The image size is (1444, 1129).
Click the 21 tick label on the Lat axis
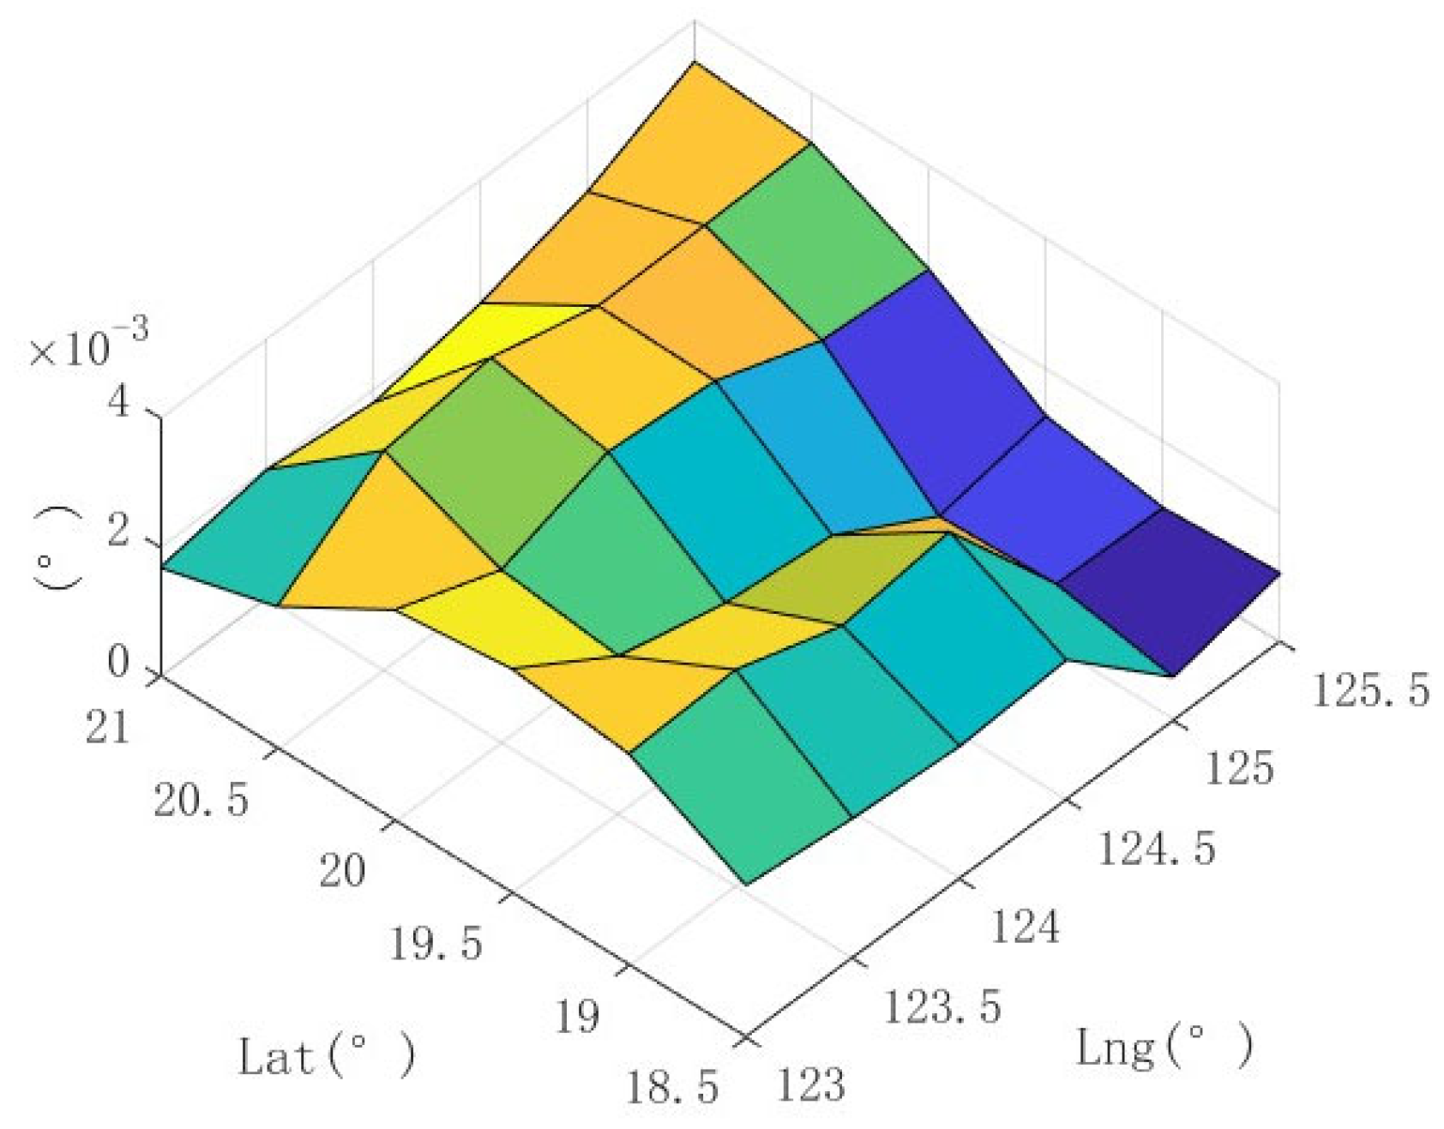(108, 728)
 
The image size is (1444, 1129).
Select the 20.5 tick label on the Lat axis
(202, 800)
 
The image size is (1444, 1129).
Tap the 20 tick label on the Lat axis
(342, 871)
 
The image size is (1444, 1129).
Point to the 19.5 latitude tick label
(436, 944)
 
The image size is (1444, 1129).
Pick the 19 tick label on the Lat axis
(576, 1017)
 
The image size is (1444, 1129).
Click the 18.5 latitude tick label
(671, 1088)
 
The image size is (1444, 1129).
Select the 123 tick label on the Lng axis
(810, 1084)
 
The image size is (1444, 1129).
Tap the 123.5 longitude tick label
(942, 1006)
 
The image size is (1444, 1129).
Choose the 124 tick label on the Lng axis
(1025, 927)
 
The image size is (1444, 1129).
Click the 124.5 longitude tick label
(1156, 849)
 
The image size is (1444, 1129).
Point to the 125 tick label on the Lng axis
(1239, 768)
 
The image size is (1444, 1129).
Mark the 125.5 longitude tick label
(1370, 690)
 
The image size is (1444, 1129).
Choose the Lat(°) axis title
(326, 1055)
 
